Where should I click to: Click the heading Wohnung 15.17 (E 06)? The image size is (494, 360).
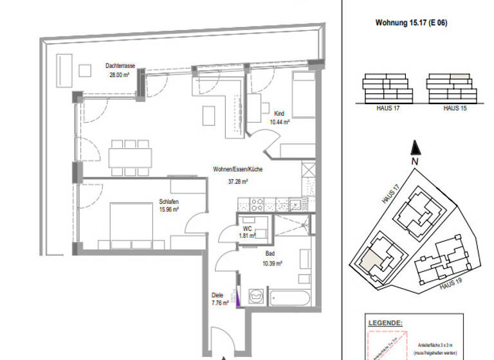coord(410,22)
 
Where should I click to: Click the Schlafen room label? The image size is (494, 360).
coord(169,202)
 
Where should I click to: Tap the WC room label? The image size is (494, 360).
coord(248,228)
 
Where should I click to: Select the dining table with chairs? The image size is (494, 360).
coord(131,157)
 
